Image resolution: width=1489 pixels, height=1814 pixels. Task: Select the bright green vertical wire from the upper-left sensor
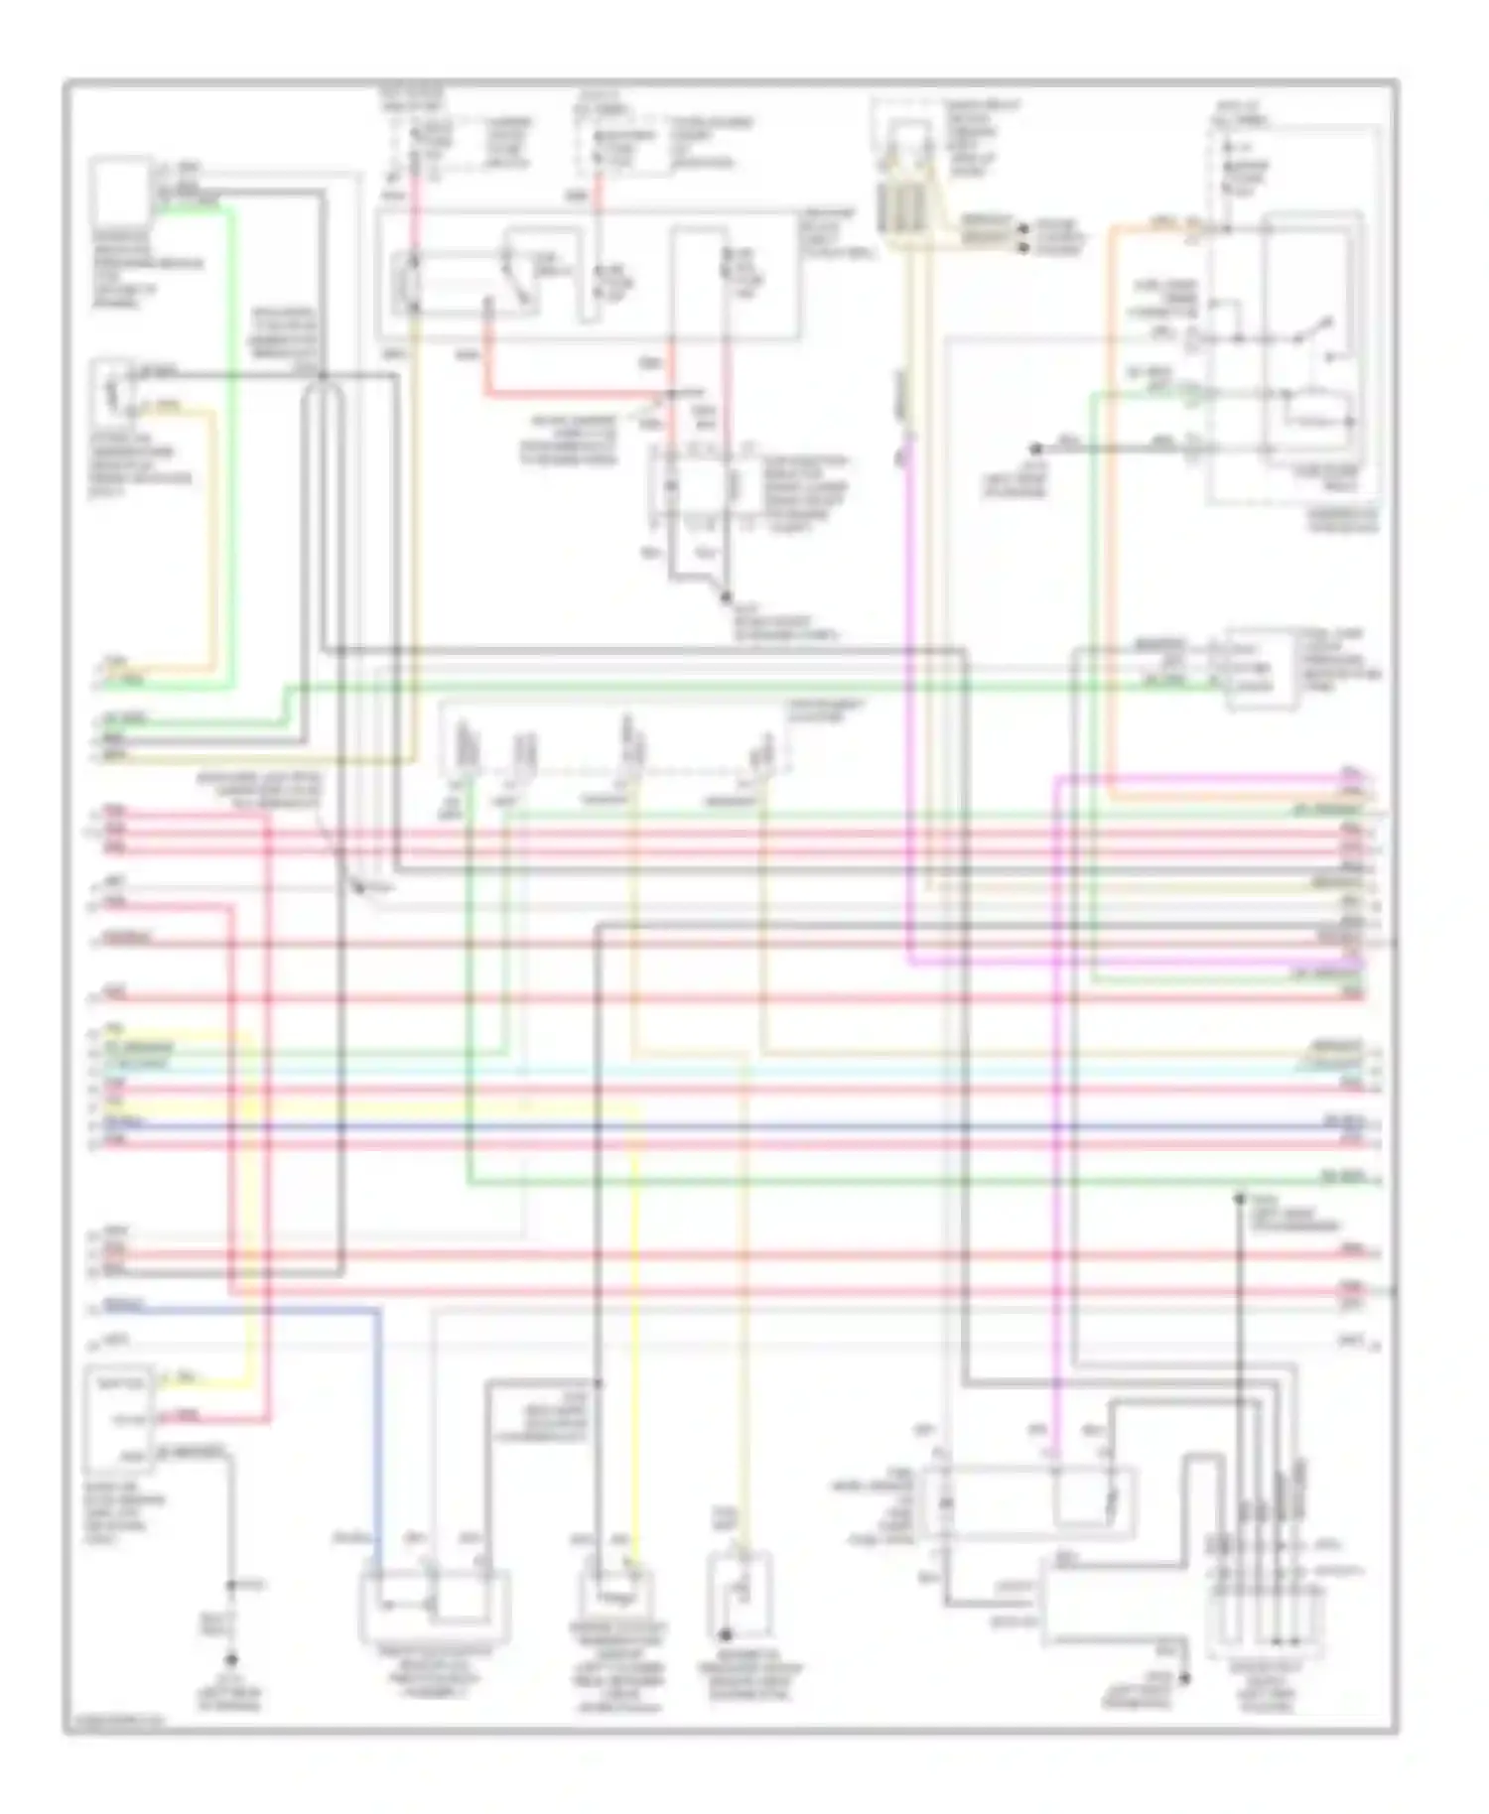[x=231, y=447]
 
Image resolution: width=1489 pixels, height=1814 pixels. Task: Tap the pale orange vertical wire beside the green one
[x=211, y=536]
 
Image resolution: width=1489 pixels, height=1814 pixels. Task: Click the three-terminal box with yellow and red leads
[x=119, y=1420]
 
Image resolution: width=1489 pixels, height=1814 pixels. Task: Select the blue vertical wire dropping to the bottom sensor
[x=378, y=1439]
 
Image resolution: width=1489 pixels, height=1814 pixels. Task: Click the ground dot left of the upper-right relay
[x=1035, y=449]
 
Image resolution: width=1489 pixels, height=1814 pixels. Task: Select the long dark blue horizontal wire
[x=735, y=1127]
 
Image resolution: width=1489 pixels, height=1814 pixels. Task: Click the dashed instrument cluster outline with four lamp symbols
[x=615, y=739]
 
